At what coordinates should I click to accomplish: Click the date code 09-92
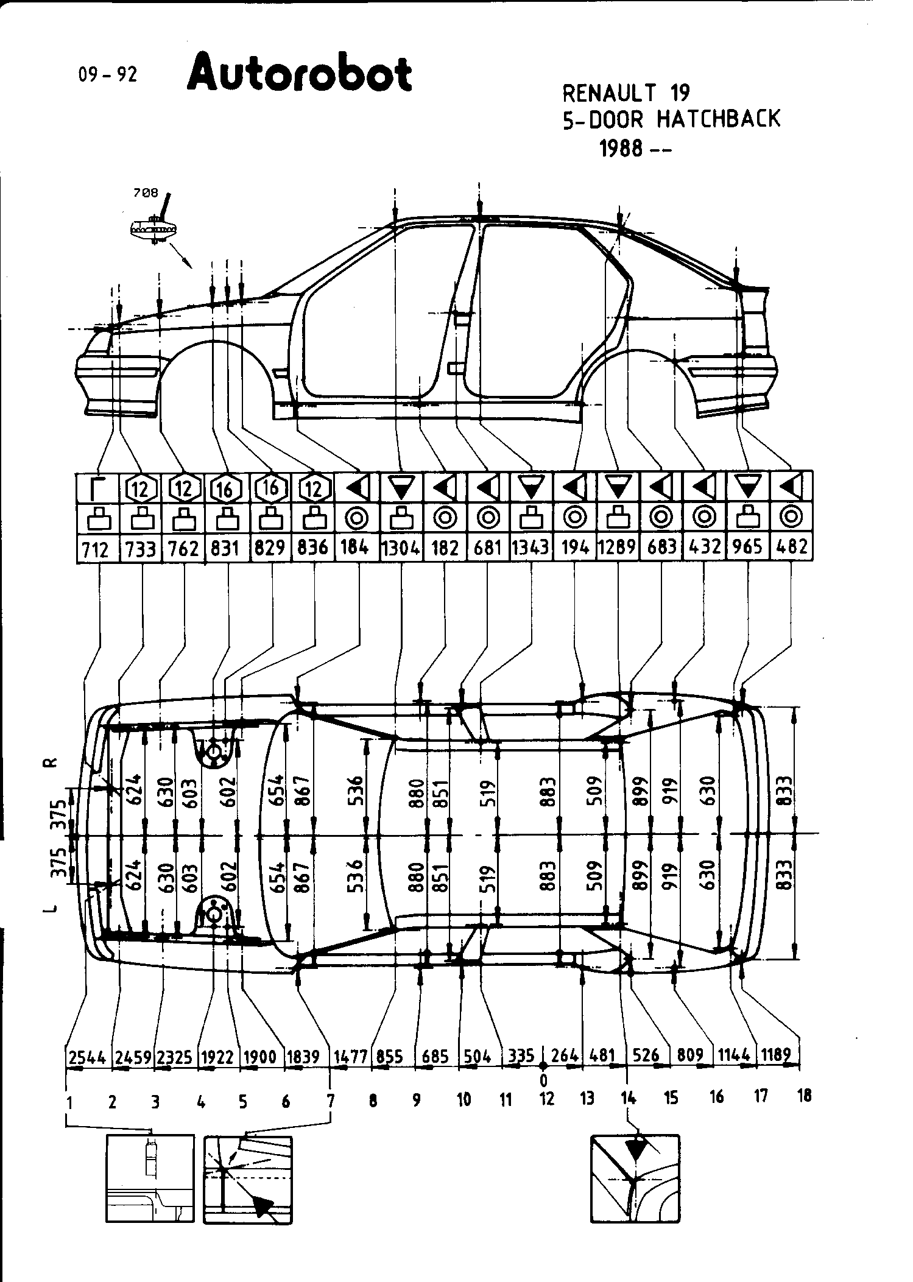click(x=108, y=74)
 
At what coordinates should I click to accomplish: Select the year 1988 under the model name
click(x=621, y=149)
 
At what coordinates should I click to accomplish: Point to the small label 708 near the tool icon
click(x=146, y=193)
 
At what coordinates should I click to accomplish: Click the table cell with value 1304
click(x=401, y=548)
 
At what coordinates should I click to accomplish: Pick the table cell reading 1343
click(x=531, y=548)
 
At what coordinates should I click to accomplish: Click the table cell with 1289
click(x=618, y=548)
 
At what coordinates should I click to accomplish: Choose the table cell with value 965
click(x=748, y=547)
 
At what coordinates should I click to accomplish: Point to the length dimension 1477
click(x=351, y=1057)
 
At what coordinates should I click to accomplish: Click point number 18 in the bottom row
click(x=804, y=1096)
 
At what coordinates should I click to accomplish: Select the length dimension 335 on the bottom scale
click(x=521, y=1055)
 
